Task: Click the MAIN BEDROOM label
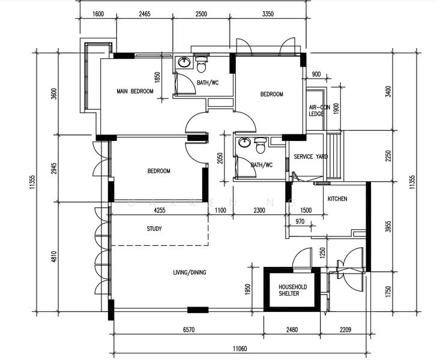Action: (x=135, y=91)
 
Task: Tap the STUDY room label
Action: (x=154, y=229)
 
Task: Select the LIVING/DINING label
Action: (x=190, y=272)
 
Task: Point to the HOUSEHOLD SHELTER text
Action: (x=293, y=290)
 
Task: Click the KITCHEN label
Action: (x=337, y=199)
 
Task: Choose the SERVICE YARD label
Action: (x=310, y=157)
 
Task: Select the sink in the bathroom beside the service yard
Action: (x=244, y=142)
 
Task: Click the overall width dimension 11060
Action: (x=240, y=348)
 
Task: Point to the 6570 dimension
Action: (x=188, y=329)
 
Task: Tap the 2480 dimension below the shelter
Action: (x=292, y=329)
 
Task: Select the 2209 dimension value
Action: (x=345, y=329)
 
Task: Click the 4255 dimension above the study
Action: (x=160, y=210)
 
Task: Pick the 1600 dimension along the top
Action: (x=98, y=14)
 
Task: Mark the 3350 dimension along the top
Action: (x=268, y=14)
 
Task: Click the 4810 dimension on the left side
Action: (x=54, y=257)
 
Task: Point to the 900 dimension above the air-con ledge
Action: (x=316, y=74)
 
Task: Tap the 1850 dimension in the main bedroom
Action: (x=157, y=78)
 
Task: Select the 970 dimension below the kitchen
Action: (x=300, y=222)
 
